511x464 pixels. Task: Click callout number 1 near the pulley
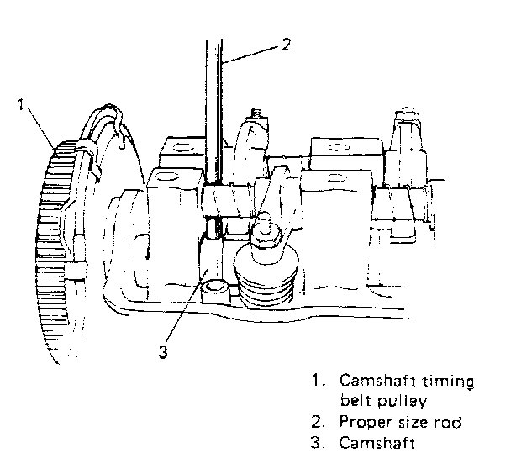tap(21, 104)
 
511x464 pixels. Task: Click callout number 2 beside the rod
tap(286, 45)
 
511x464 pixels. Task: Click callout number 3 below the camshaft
tap(163, 352)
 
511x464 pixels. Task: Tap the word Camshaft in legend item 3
tap(377, 443)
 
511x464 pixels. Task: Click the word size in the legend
tap(413, 422)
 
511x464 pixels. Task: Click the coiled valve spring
tap(266, 277)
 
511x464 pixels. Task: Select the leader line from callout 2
tap(250, 54)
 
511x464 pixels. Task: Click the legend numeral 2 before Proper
tap(318, 422)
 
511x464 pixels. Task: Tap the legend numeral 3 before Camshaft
tap(318, 443)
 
